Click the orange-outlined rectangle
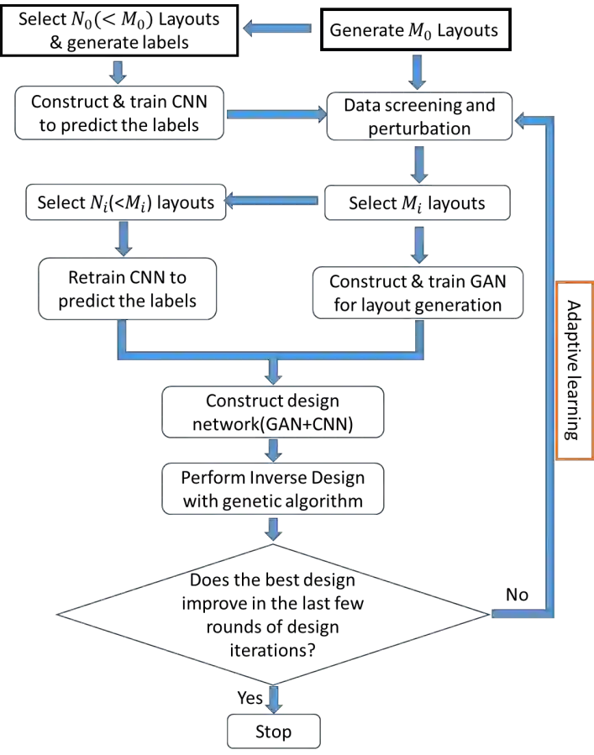pos(575,370)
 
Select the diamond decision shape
pos(274,614)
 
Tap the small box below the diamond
pos(272,731)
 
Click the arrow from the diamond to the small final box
pos(274,698)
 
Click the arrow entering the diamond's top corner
pos(274,529)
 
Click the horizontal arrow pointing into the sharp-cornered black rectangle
pos(278,29)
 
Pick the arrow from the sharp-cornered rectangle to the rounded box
pos(118,71)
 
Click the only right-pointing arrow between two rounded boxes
pos(276,114)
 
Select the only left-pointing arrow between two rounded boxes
pos(274,201)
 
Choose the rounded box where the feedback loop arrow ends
pos(419,115)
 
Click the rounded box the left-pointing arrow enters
pos(124,202)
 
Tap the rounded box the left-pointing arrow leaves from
pos(417,202)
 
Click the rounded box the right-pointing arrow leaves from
pos(119,111)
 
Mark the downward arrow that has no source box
pos(418,72)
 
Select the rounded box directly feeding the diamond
pos(274,488)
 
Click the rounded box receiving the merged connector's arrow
pos(274,412)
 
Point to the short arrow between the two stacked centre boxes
pos(274,450)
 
